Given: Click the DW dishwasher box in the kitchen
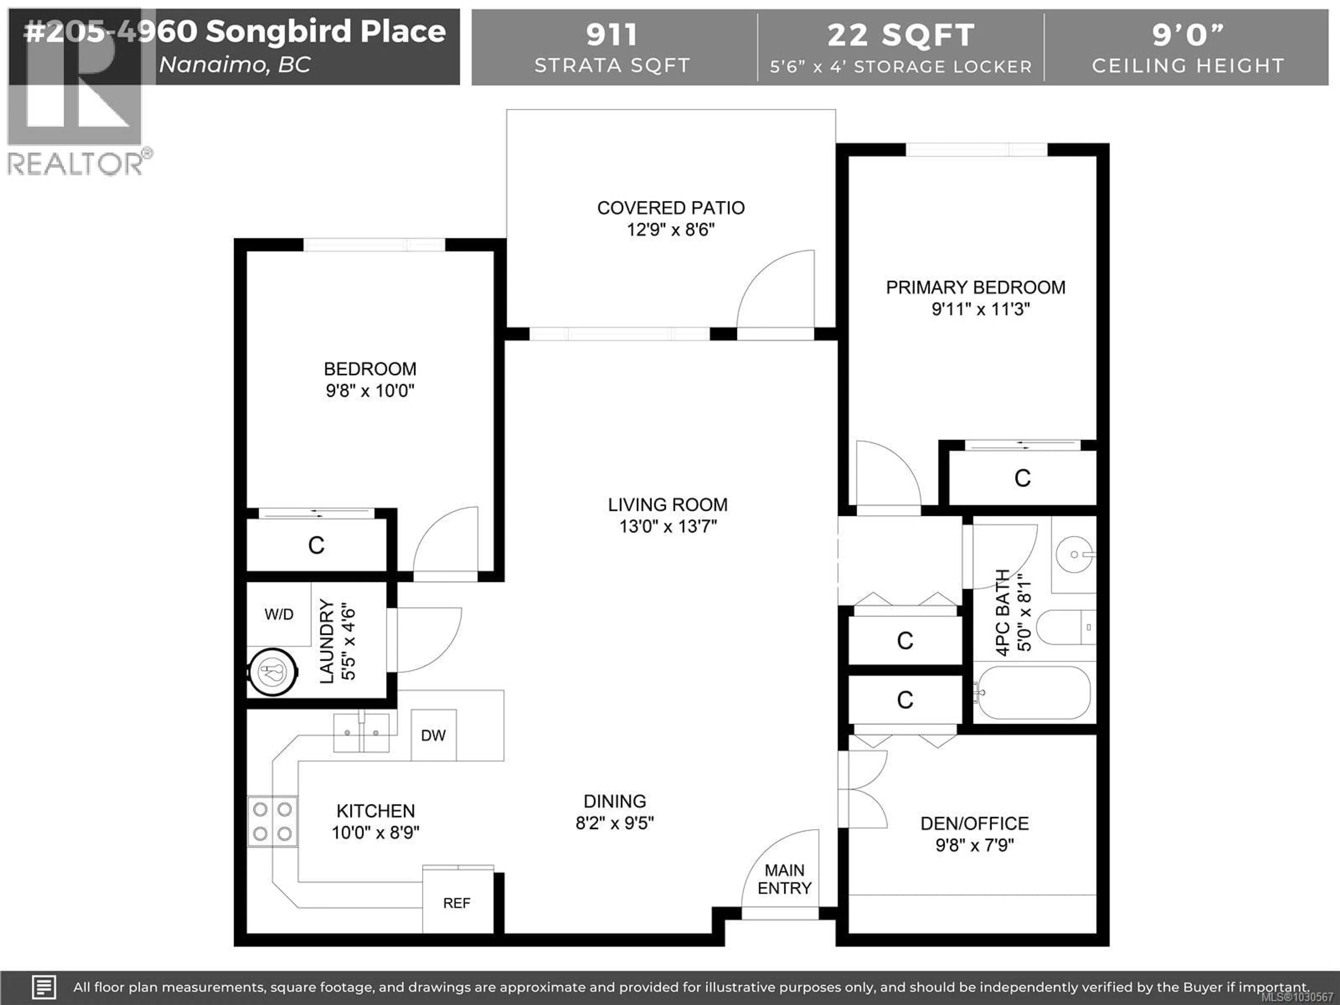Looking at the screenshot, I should click(433, 735).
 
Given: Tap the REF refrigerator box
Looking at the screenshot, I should click(457, 903).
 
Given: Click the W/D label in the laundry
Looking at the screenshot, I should click(279, 614).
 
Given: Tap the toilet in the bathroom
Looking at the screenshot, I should click(1065, 627).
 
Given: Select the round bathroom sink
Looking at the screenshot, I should click(1074, 554).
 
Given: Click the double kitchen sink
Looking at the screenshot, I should click(362, 732).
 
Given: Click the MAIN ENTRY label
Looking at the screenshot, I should click(784, 879).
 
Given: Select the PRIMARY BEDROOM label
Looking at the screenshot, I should click(975, 287).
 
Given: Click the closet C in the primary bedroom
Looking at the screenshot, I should click(1022, 478).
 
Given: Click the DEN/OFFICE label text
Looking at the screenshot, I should click(974, 823).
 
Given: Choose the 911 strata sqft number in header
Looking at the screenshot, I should click(612, 35).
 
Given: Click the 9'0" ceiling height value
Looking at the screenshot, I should click(1188, 35).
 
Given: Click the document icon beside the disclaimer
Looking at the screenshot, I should click(44, 987).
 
